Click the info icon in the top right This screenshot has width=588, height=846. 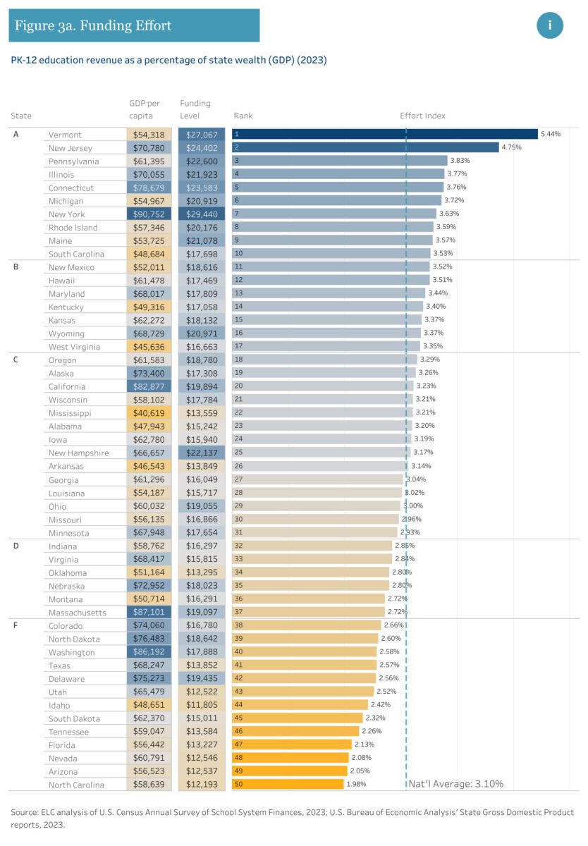pos(550,25)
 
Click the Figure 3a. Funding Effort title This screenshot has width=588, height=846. pos(93,26)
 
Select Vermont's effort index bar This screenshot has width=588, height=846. pos(384,135)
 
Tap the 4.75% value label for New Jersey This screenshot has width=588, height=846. pos(512,148)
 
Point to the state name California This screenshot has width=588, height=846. pos(67,386)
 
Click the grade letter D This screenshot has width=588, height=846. pos(16,546)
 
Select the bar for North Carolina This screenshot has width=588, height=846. pos(288,785)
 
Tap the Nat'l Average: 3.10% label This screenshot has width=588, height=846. pos(456,784)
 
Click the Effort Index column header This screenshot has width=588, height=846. pos(422,116)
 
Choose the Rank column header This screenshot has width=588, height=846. pos(243,116)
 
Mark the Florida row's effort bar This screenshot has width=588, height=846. pos(292,744)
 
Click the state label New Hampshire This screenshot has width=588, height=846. pos(78,453)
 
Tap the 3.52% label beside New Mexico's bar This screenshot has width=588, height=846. pos(442,267)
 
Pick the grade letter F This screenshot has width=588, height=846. pos(16,625)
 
